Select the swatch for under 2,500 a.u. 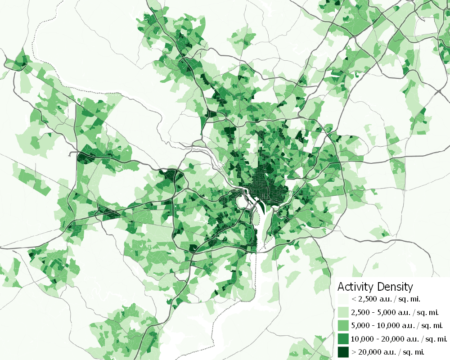tap(343, 299)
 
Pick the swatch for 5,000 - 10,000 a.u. tap(343, 325)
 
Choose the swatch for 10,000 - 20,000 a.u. tap(343, 338)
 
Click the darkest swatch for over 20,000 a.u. tap(343, 351)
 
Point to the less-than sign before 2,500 tap(354, 299)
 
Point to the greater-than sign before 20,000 tap(354, 351)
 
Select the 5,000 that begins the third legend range tap(360, 325)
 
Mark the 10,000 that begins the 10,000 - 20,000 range tap(362, 338)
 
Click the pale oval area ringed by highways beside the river tap(243, 202)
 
